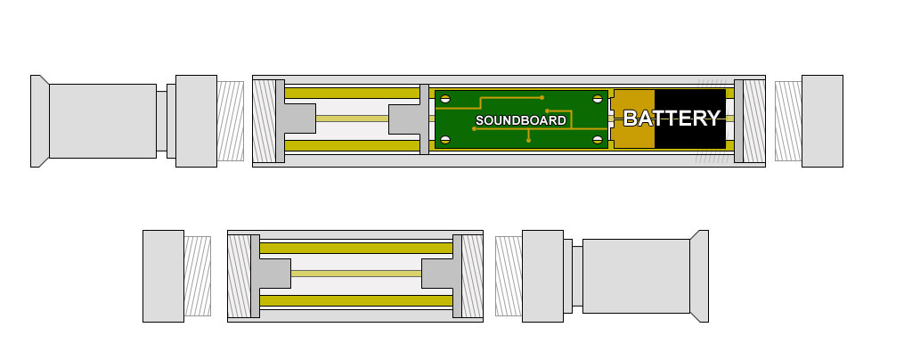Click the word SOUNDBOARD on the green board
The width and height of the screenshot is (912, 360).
click(x=520, y=120)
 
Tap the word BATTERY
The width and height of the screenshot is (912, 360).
click(x=672, y=118)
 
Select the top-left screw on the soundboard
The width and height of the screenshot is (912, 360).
click(x=445, y=99)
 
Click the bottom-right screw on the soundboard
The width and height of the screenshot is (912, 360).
click(x=598, y=140)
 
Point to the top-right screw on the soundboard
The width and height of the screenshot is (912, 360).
click(x=598, y=99)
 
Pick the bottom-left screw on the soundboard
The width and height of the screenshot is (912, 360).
click(x=445, y=140)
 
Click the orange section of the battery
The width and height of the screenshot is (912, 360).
click(x=633, y=119)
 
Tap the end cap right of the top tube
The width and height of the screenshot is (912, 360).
click(x=822, y=121)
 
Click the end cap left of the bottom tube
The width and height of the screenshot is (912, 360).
click(x=164, y=276)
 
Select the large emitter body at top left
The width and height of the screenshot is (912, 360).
click(x=103, y=121)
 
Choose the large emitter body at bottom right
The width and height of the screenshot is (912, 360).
click(x=636, y=276)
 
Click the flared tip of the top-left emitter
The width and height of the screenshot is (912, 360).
click(x=39, y=121)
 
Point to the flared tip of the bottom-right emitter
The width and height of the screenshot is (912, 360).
click(x=699, y=276)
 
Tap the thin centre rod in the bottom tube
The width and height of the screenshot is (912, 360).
click(x=356, y=274)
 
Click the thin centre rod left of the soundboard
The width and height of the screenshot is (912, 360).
click(x=352, y=119)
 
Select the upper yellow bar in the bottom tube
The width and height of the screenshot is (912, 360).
click(x=356, y=249)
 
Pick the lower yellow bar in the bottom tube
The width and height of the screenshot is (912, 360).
click(x=356, y=300)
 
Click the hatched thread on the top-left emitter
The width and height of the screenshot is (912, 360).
click(x=231, y=121)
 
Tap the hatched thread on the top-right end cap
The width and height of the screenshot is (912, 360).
click(x=789, y=121)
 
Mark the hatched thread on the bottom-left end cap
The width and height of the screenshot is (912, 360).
click(x=197, y=276)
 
